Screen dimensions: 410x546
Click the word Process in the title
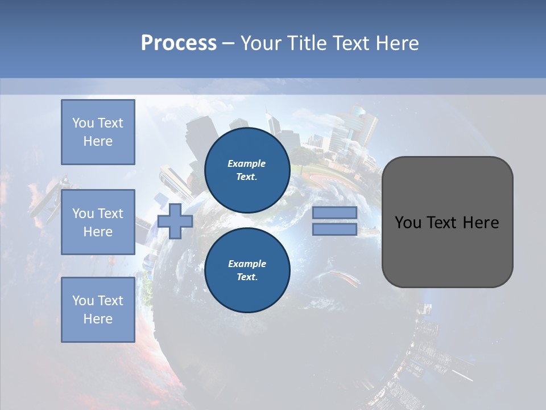179,43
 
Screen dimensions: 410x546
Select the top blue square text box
98,132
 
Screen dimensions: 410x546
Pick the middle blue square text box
98,223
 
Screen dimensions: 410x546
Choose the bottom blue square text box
98,310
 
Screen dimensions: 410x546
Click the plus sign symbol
175,221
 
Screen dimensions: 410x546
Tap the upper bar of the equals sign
334,212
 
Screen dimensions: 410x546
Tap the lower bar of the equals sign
334,229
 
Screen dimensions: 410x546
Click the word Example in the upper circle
247,163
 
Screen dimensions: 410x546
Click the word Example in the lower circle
247,264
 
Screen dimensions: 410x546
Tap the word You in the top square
83,123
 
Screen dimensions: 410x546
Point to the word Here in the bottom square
98,319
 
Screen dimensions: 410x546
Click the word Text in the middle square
110,214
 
